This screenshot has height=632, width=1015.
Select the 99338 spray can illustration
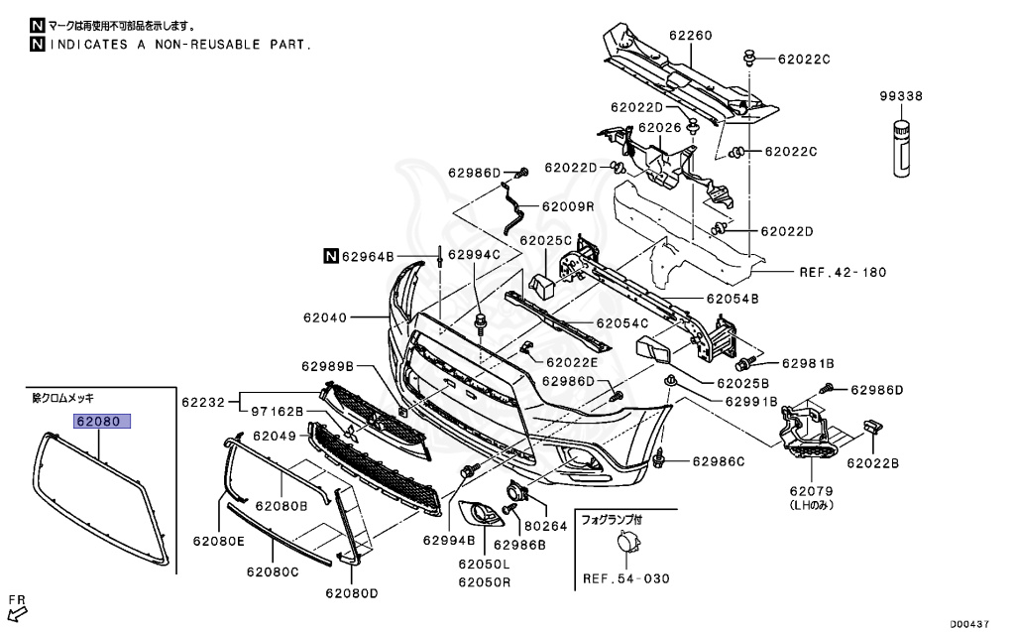click(902, 148)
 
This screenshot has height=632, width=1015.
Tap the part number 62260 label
click(690, 36)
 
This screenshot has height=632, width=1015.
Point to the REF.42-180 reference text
click(843, 272)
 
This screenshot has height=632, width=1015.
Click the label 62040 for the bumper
click(326, 318)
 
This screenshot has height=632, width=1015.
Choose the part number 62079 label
click(811, 490)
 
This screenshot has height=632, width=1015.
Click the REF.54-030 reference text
click(626, 578)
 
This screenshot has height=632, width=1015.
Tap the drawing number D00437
click(970, 624)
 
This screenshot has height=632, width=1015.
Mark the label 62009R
click(568, 207)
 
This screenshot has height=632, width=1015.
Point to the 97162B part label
click(276, 412)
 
